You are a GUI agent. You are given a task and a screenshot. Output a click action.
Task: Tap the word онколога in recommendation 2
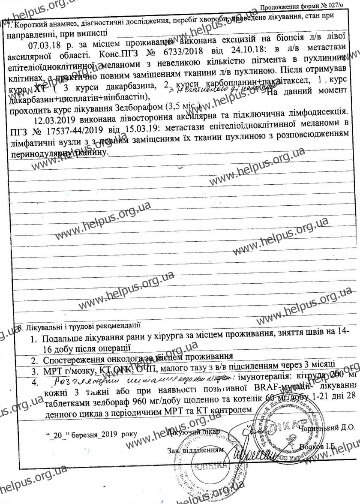107,356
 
